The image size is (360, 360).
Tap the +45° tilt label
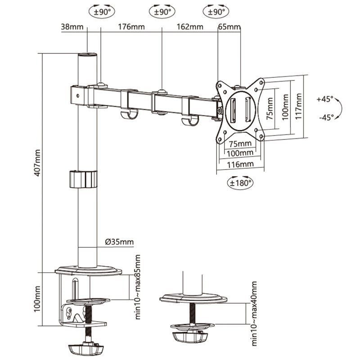pos(324,99)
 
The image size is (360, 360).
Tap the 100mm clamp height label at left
pos(38,298)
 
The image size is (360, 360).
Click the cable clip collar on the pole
pos(83,179)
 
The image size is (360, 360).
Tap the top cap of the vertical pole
pos(88,56)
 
